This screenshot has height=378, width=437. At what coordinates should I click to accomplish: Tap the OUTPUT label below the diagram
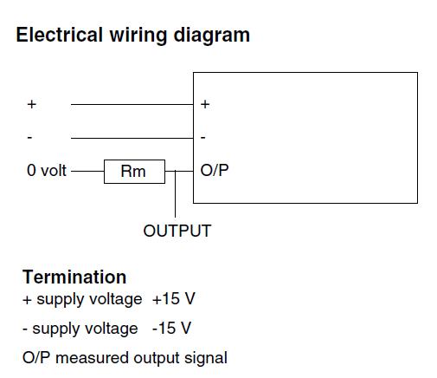pos(177,231)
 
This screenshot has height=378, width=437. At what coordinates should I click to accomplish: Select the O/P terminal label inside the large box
pos(215,170)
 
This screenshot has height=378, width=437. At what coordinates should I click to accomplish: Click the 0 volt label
pos(47,170)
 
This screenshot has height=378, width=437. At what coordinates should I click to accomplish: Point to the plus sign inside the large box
pos(205,104)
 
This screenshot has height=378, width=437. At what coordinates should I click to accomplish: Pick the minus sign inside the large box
pos(203,138)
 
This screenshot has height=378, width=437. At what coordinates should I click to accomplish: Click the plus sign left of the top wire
pos(32,104)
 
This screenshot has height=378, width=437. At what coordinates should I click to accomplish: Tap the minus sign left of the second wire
pos(29,138)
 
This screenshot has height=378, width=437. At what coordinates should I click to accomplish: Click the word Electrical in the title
pos(60,35)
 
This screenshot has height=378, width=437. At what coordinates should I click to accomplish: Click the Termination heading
pos(74,277)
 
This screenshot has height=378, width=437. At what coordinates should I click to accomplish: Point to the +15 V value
pos(174,299)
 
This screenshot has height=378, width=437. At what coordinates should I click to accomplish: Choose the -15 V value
pos(171,328)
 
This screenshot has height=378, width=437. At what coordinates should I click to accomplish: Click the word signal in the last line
pos(206,359)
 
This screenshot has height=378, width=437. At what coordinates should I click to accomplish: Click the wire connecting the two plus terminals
pos(132,104)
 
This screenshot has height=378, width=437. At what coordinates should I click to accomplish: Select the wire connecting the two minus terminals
pos(132,138)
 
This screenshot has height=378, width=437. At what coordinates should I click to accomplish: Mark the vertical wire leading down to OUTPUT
pos(175,194)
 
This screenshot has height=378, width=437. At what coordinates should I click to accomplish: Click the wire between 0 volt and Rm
pos(87,172)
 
